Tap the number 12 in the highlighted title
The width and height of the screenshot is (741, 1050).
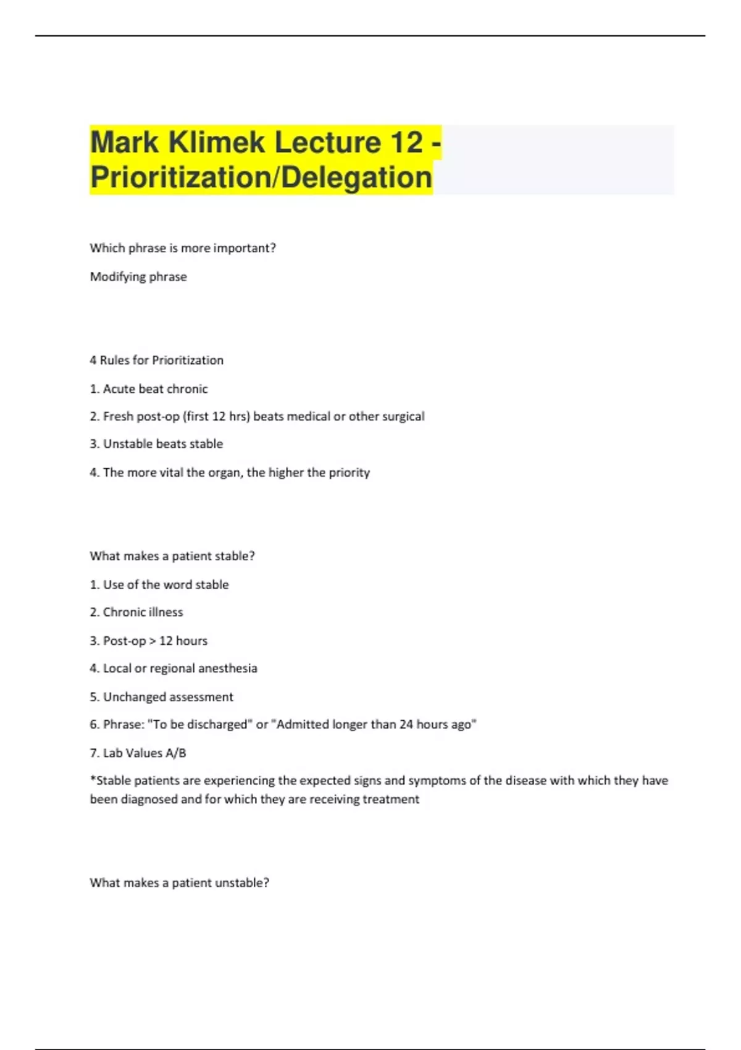tap(406, 143)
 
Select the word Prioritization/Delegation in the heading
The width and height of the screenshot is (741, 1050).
tap(261, 177)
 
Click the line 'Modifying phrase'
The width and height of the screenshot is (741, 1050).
tap(138, 277)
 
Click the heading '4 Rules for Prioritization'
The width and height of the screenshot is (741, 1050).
tap(157, 360)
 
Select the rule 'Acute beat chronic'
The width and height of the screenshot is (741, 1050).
tap(155, 389)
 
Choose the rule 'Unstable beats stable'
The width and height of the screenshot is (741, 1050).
tap(162, 444)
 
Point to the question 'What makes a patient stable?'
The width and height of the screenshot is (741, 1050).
tap(172, 556)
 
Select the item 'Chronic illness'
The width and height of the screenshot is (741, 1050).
tap(143, 612)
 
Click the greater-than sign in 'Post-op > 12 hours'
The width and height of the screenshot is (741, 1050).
tap(153, 641)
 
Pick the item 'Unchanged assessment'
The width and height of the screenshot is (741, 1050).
tap(168, 697)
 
